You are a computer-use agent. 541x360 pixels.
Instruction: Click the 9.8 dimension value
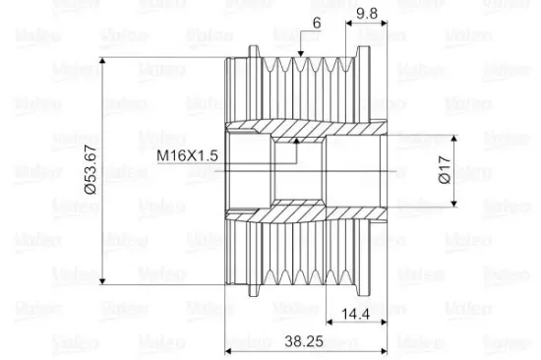click(x=367, y=14)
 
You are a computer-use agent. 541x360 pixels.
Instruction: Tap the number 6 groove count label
click(x=317, y=23)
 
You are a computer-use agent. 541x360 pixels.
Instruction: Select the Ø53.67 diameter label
click(x=90, y=170)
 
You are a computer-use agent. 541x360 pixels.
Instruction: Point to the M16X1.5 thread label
click(x=187, y=155)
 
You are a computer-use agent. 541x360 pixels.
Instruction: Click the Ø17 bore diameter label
click(x=445, y=169)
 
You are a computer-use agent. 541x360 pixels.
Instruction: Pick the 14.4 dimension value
click(x=355, y=314)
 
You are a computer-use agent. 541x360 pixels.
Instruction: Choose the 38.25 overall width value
click(x=304, y=341)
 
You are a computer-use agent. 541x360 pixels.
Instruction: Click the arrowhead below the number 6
click(x=301, y=53)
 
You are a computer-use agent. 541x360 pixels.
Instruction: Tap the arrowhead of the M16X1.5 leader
click(x=296, y=141)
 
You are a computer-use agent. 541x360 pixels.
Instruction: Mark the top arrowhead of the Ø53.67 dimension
click(x=102, y=61)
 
